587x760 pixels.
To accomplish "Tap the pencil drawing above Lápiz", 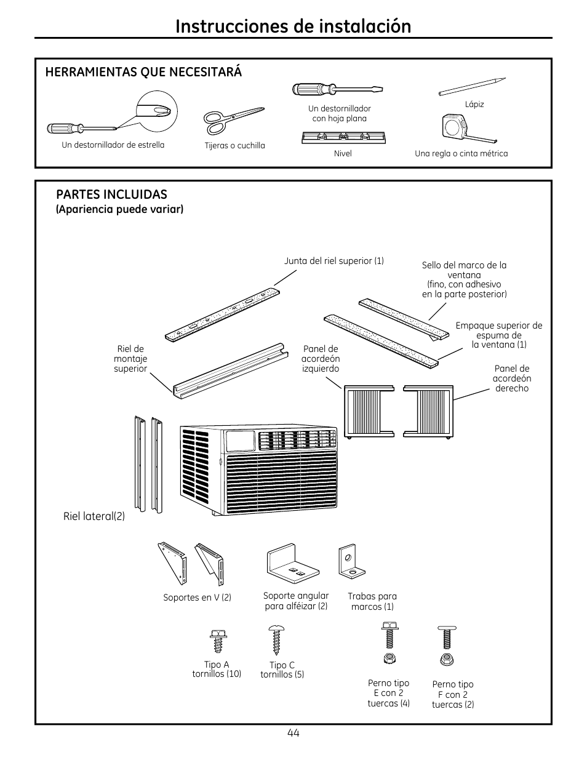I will (x=472, y=87).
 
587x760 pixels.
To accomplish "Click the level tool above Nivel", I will (x=343, y=137).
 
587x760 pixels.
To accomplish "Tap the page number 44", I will (x=293, y=732).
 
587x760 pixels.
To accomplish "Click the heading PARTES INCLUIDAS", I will (x=111, y=194).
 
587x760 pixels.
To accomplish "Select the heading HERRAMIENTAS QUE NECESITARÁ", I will (x=143, y=72).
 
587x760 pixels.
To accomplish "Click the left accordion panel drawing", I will (x=369, y=412).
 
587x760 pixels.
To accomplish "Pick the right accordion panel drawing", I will (x=428, y=412).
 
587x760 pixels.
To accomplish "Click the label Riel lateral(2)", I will (x=94, y=516).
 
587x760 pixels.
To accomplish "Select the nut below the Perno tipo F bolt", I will (x=447, y=660).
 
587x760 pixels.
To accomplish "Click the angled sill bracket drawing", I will (x=293, y=561).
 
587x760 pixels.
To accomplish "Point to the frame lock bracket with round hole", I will (x=348, y=561).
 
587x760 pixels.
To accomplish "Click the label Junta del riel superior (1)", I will (x=333, y=261).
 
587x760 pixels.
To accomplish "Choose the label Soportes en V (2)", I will (x=197, y=598).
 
